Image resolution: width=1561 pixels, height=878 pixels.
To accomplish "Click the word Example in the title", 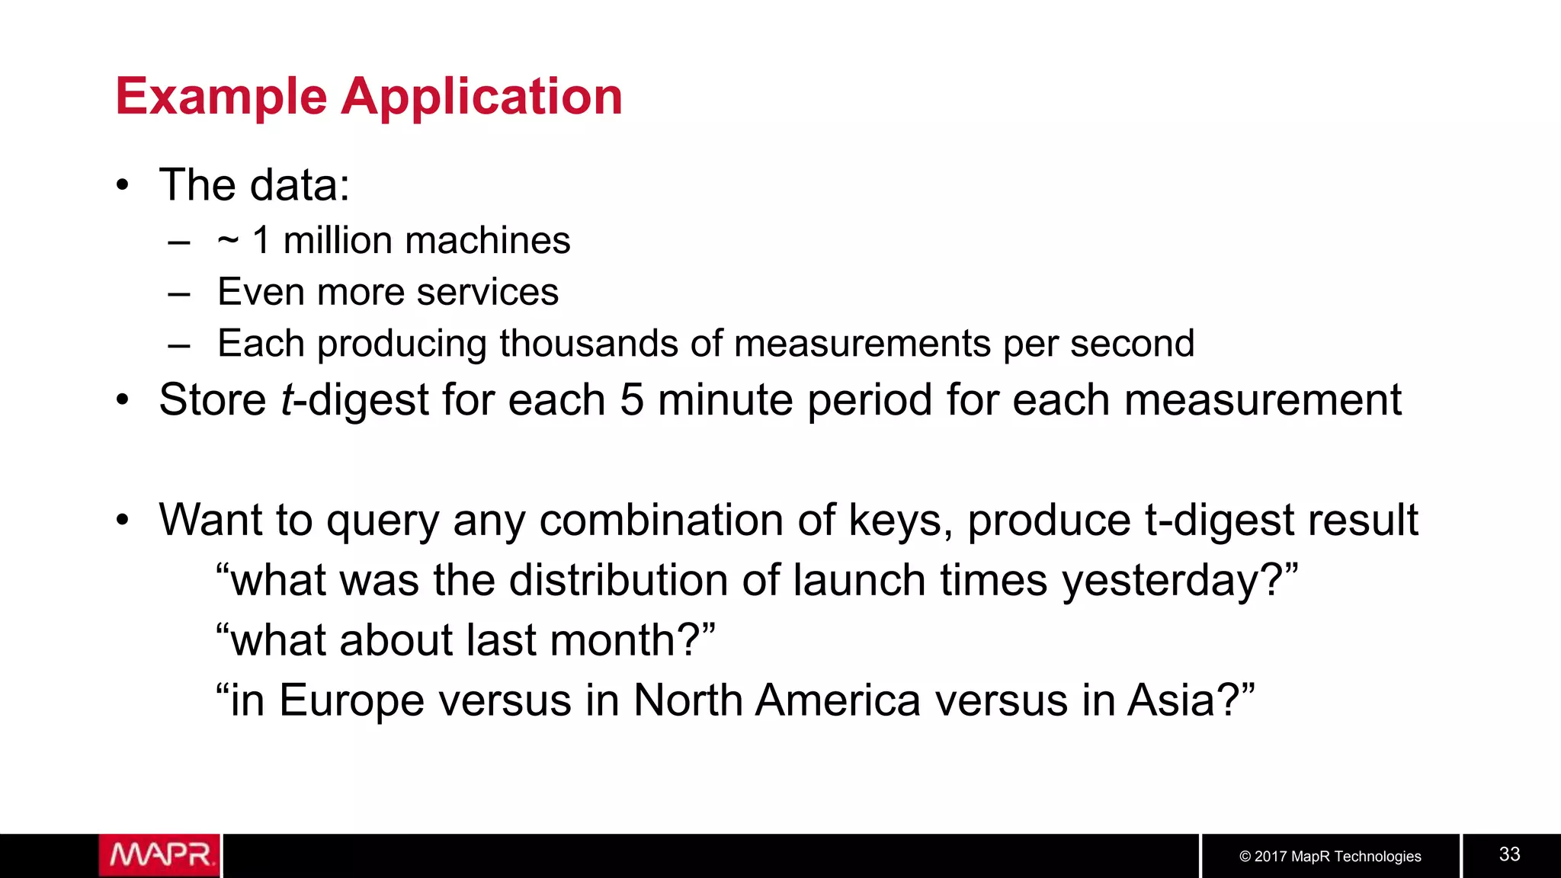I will tap(221, 98).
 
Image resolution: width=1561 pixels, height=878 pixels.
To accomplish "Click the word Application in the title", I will tap(482, 98).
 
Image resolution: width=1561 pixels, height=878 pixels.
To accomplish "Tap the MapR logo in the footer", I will tap(159, 855).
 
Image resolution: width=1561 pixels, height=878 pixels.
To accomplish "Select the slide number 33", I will tap(1509, 854).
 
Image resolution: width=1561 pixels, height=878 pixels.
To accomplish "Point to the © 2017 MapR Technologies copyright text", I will tap(1330, 856).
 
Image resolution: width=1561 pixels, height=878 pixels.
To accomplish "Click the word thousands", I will tap(588, 343).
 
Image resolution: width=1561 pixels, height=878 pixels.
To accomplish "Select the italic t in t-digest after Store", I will tap(287, 400).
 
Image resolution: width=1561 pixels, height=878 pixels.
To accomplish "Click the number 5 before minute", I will tap(631, 400).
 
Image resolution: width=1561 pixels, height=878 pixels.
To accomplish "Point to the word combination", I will tap(662, 521).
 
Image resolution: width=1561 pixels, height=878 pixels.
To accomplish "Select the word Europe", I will tap(351, 700).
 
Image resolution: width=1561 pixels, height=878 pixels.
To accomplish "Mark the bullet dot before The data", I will tap(123, 185).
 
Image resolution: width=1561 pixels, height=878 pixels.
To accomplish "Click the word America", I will tap(838, 700).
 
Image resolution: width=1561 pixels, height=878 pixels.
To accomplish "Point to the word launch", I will tap(859, 581).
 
